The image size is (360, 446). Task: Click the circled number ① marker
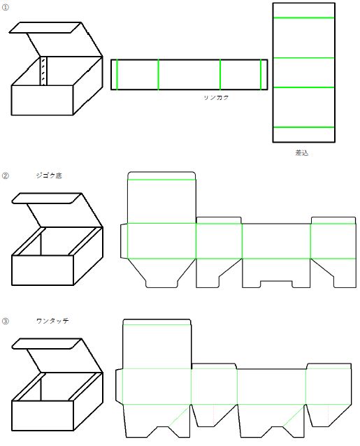coord(5,8)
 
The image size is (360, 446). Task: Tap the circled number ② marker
coord(6,175)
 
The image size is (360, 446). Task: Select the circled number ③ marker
coord(6,321)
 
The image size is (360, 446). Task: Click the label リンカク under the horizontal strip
coord(216,98)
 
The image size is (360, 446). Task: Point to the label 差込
coord(302,153)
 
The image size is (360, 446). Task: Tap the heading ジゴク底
coord(49,175)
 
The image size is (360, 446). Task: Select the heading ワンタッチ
coord(52,321)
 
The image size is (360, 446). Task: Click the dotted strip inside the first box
coord(43,71)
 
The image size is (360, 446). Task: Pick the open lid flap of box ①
coord(45,27)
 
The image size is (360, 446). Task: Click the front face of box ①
coord(43,100)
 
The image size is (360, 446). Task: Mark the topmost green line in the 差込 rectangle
coord(303,18)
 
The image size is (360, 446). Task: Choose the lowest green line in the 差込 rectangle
coord(303,127)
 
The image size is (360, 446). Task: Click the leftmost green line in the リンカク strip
coord(117,75)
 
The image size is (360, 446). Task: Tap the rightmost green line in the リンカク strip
coord(261,75)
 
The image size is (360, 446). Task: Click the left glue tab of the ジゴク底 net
coord(124,241)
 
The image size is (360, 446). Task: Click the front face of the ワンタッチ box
coord(43,415)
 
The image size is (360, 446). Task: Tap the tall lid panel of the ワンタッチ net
coord(157,344)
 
